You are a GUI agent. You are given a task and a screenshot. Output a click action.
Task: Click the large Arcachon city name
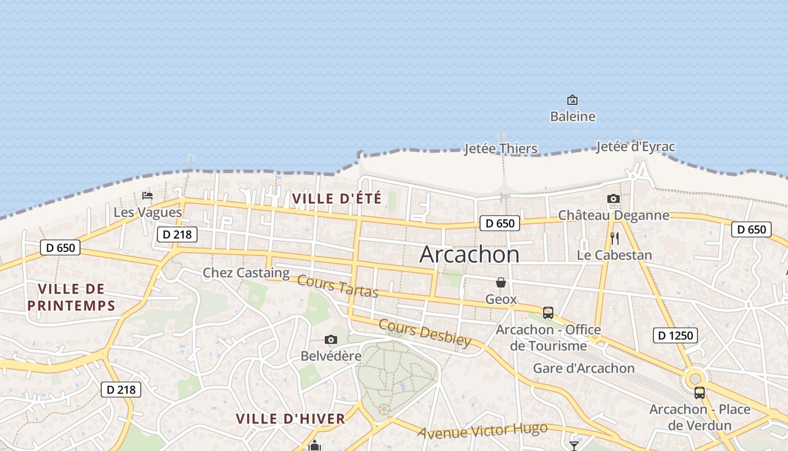click(469, 254)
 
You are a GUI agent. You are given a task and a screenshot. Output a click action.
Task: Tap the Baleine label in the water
click(572, 117)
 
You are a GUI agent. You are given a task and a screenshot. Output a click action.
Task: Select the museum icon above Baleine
click(572, 100)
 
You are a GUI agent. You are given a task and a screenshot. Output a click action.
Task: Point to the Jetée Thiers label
click(500, 149)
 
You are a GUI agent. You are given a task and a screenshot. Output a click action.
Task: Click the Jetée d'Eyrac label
click(635, 147)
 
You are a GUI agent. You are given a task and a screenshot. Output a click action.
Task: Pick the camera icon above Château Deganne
click(614, 198)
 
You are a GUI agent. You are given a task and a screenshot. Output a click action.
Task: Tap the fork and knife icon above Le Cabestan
click(615, 238)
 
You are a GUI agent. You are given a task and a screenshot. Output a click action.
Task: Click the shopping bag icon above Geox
click(501, 282)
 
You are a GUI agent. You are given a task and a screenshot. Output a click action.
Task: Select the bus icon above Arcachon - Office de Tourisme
click(548, 312)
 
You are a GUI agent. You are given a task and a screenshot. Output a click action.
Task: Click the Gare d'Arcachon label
click(584, 369)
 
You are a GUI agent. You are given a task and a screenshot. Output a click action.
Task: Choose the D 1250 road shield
click(675, 335)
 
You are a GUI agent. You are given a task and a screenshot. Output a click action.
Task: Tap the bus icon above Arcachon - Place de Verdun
click(700, 393)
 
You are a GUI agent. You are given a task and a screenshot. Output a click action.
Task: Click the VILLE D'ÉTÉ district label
click(337, 198)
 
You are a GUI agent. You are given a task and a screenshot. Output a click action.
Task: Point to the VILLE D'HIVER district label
click(290, 419)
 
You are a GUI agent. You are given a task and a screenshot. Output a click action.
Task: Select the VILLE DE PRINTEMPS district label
click(71, 298)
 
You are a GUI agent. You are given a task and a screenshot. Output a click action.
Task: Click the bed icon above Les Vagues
click(147, 196)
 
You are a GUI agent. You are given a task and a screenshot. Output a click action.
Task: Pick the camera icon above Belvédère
click(331, 339)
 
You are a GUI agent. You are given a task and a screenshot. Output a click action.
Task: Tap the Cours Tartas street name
click(337, 285)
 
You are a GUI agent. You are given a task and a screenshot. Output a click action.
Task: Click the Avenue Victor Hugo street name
click(482, 430)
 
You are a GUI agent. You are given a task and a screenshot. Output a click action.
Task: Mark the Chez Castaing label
click(246, 273)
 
